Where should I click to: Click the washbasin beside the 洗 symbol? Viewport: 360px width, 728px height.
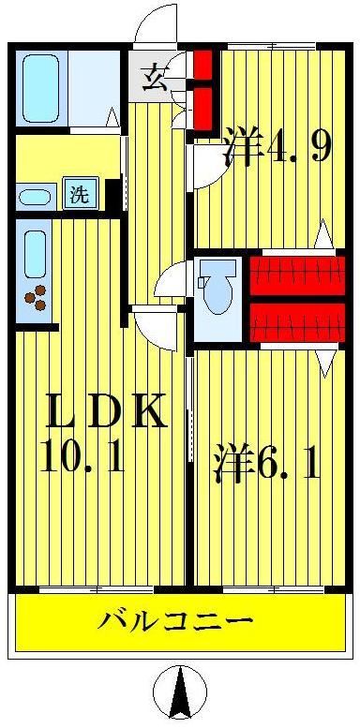pyautogui.click(x=36, y=196)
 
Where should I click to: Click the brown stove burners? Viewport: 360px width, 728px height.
pyautogui.click(x=37, y=298)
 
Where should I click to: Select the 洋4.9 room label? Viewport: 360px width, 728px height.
pyautogui.click(x=276, y=148)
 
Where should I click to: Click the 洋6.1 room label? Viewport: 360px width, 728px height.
pyautogui.click(x=267, y=463)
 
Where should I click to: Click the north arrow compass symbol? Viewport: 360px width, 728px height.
pyautogui.click(x=178, y=693)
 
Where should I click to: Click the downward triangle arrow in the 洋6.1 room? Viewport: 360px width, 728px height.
pyautogui.click(x=324, y=362)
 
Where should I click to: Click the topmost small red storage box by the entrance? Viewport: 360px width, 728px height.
pyautogui.click(x=203, y=66)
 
